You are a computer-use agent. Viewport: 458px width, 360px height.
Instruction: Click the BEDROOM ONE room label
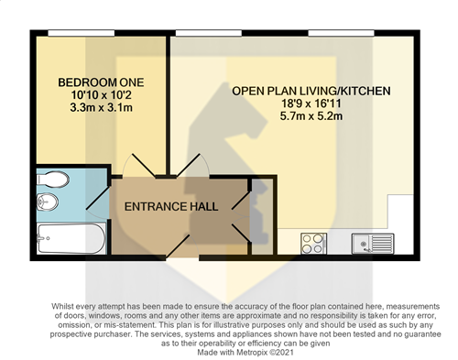pos(101,82)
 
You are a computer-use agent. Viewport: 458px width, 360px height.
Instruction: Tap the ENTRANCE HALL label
pos(171,207)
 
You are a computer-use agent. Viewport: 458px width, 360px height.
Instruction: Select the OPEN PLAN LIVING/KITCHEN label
pos(311,91)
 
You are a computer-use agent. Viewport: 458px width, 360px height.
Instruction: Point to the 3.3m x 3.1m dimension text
pos(101,108)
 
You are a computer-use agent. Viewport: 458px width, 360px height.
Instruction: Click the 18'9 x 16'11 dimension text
pos(311,104)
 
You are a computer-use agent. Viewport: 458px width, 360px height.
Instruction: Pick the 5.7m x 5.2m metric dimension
pos(311,116)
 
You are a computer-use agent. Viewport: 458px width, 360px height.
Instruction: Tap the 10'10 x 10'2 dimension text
pos(101,95)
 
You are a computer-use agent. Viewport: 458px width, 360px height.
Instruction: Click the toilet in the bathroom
pos(52,180)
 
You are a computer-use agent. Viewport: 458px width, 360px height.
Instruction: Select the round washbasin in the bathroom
pos(48,202)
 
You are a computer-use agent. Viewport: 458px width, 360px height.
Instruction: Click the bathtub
pos(71,238)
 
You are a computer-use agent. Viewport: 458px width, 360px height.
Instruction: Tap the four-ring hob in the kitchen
pos(313,244)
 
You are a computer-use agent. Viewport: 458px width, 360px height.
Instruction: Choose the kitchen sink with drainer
pos(373,244)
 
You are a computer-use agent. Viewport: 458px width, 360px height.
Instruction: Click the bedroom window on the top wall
pos(82,33)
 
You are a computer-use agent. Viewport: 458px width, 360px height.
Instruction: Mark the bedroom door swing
pos(139,166)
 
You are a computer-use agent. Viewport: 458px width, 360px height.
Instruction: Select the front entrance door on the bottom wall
pos(182,246)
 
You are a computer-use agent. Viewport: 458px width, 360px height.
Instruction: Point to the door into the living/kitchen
pos(193,166)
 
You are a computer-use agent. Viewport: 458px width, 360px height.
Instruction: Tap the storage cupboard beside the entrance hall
pos(262,216)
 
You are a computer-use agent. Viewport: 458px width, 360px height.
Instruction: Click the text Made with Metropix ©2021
pos(245,353)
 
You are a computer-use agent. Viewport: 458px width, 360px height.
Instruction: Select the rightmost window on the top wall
pos(342,33)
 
